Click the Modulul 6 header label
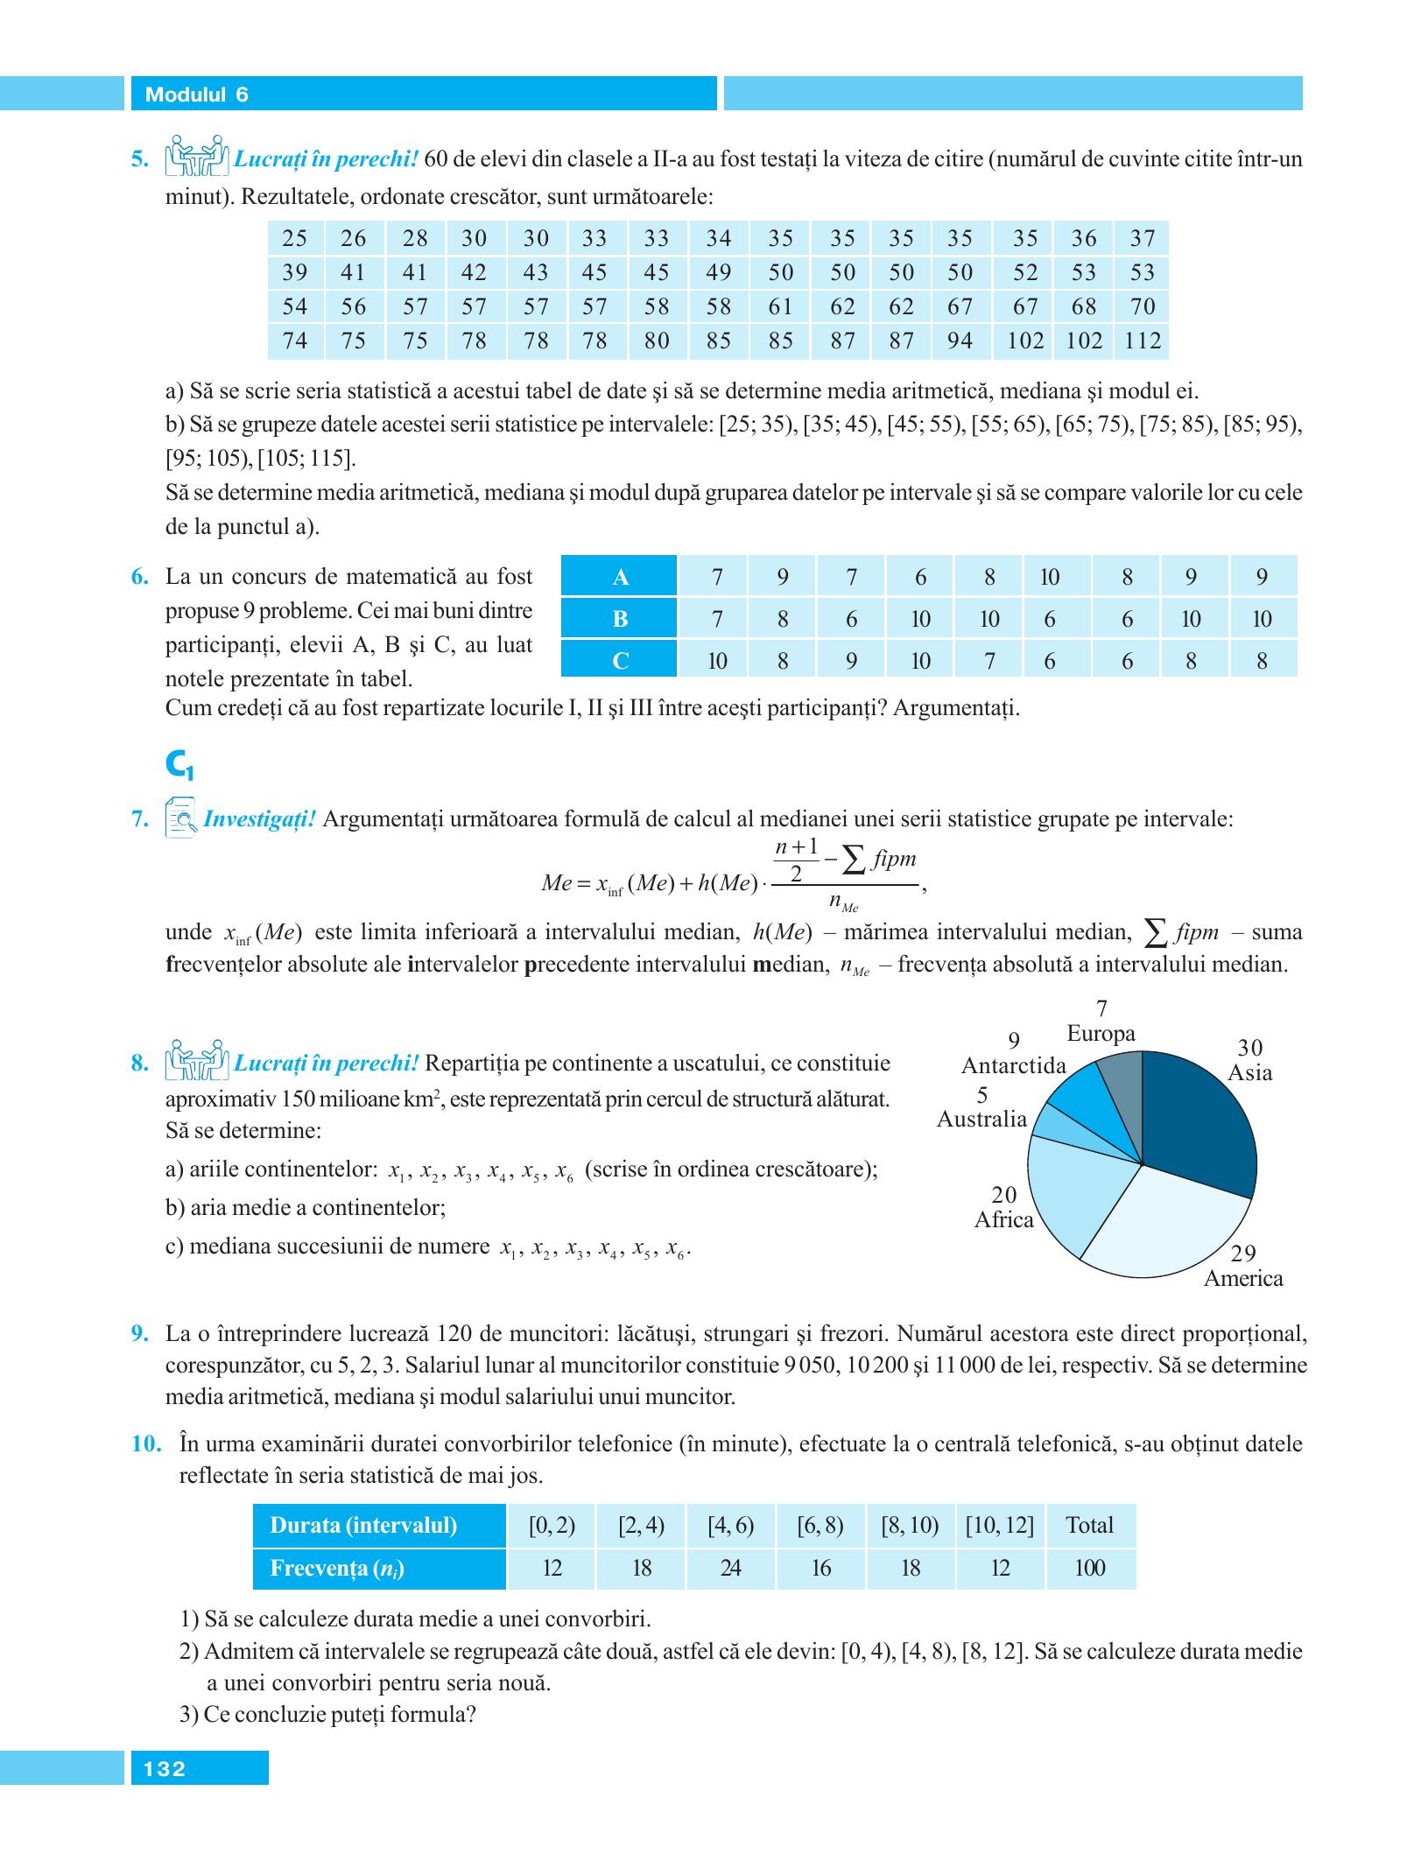pyautogui.click(x=196, y=95)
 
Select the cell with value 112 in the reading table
pyautogui.click(x=1142, y=341)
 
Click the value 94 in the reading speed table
pyautogui.click(x=960, y=341)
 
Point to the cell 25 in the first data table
pyautogui.click(x=295, y=238)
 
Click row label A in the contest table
pyautogui.click(x=620, y=578)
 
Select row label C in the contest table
pyautogui.click(x=620, y=662)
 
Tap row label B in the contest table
pyautogui.click(x=620, y=620)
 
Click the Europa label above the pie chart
pyautogui.click(x=1101, y=1034)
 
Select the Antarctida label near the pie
pyautogui.click(x=1014, y=1065)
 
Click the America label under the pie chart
pyautogui.click(x=1242, y=1279)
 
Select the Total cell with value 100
pyautogui.click(x=1090, y=1569)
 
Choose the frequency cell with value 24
pyautogui.click(x=731, y=1569)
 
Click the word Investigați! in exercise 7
pyautogui.click(x=258, y=820)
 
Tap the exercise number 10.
pyautogui.click(x=147, y=1443)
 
